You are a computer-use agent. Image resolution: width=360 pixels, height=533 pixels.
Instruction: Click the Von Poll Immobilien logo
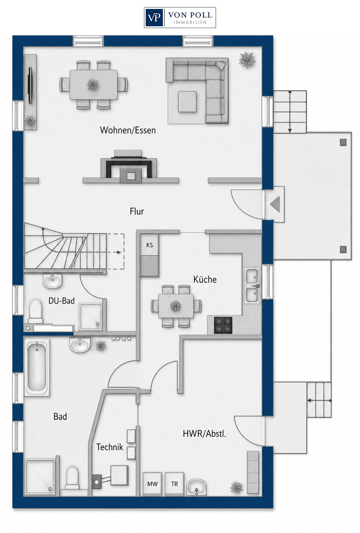tap(180, 18)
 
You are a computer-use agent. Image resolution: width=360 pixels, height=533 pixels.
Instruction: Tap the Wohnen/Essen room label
tap(128, 130)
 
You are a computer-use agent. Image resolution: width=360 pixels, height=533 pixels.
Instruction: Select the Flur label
tap(137, 211)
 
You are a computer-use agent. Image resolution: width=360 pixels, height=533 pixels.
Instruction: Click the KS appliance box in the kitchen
tap(149, 245)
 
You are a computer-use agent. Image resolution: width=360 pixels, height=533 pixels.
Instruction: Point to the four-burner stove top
tap(223, 325)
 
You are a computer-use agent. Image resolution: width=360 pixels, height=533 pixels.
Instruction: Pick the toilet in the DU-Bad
tap(36, 311)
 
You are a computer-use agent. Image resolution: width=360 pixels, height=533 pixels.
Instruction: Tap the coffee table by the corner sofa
tap(187, 102)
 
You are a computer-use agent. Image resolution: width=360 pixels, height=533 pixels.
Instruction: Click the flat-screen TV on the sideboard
tap(31, 85)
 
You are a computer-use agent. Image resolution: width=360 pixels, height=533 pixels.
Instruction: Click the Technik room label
tap(110, 447)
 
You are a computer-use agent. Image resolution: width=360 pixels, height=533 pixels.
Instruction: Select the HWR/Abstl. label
tap(204, 434)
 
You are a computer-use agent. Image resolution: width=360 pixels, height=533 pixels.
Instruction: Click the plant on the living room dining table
tap(92, 85)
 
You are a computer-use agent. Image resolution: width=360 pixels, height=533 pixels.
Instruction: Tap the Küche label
tap(205, 279)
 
